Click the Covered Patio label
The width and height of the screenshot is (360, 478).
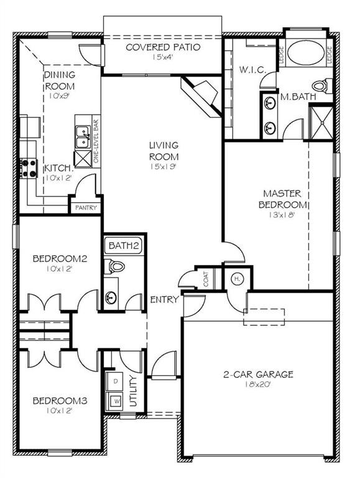click(163, 47)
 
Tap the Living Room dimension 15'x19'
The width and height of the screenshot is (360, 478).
click(164, 167)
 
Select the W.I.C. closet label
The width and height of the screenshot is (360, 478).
click(252, 70)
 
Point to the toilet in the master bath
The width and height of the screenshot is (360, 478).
click(320, 85)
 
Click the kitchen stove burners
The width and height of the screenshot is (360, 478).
click(29, 166)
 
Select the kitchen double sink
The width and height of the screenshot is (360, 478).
click(81, 138)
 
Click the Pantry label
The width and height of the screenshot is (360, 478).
click(86, 208)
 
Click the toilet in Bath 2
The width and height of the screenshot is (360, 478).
click(116, 266)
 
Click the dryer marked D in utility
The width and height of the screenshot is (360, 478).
click(116, 379)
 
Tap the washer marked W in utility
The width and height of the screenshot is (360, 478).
click(116, 400)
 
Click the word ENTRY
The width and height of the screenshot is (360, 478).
click(164, 299)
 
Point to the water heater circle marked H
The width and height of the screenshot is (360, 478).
click(237, 279)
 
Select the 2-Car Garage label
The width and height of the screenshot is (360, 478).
click(258, 375)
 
